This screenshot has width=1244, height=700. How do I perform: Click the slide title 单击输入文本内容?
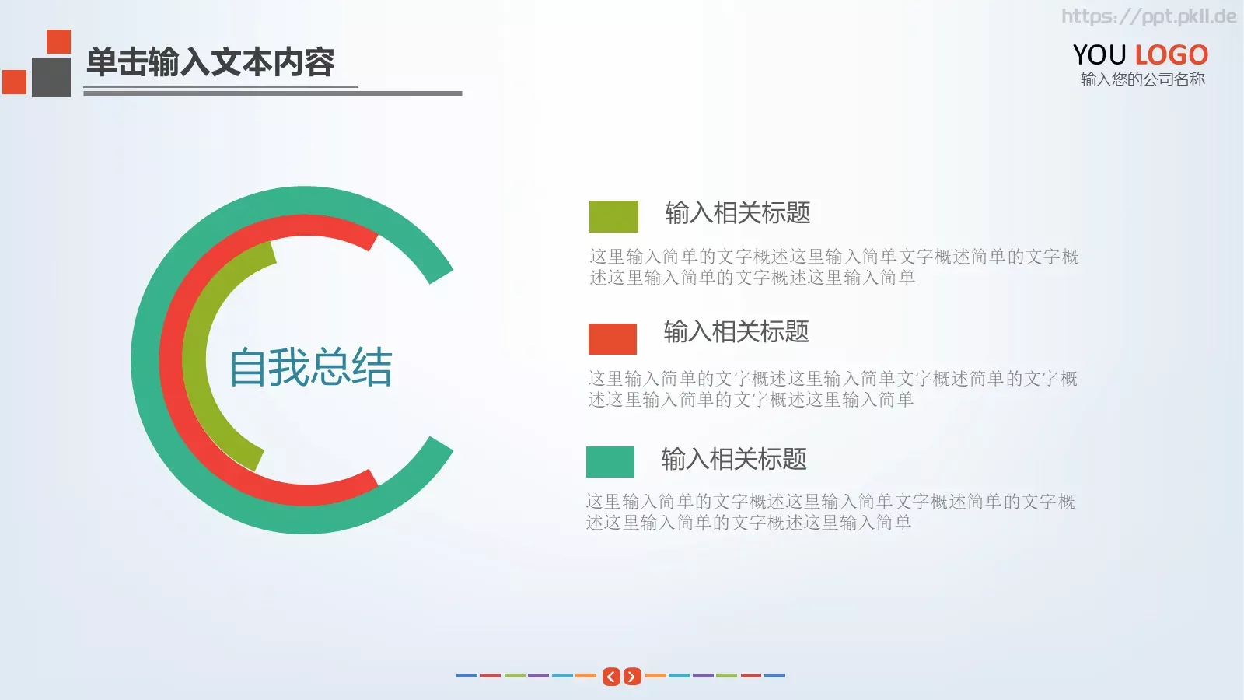(210, 62)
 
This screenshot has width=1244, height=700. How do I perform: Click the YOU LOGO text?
(1140, 54)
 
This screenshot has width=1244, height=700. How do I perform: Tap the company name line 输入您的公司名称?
(1142, 79)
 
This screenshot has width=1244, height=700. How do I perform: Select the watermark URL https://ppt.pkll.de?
(1148, 16)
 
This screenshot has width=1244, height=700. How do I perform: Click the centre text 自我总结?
(310, 367)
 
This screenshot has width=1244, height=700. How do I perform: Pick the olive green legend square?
(613, 216)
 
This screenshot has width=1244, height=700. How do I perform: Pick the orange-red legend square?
(613, 338)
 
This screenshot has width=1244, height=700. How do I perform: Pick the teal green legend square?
(610, 461)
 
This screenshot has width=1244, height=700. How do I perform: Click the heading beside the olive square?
(737, 212)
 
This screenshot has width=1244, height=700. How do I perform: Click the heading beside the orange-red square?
(736, 332)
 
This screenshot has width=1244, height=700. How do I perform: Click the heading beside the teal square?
(733, 459)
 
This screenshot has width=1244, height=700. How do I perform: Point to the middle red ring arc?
(172, 360)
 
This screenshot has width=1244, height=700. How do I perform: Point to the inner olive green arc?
(195, 360)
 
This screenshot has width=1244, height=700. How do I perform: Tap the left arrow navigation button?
(612, 677)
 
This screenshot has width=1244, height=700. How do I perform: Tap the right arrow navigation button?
(632, 677)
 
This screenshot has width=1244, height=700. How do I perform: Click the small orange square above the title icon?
(58, 41)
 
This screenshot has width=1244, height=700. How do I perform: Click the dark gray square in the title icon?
(51, 77)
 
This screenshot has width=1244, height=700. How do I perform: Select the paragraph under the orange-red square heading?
(832, 389)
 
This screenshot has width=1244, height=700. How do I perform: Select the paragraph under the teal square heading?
(830, 512)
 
